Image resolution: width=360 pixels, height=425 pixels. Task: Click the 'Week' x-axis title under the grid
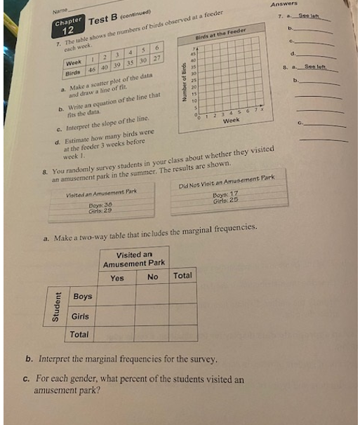click(232, 121)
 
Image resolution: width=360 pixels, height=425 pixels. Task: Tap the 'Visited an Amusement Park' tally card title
click(101, 192)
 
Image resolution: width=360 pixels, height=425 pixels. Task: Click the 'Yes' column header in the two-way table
click(116, 278)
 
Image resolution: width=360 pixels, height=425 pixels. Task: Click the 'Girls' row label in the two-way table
click(81, 318)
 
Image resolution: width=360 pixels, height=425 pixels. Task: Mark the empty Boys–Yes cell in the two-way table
click(117, 296)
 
